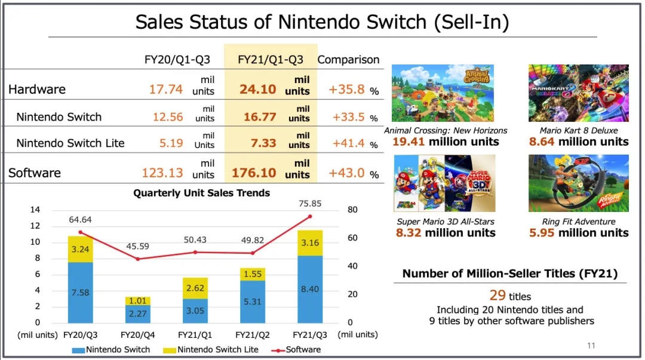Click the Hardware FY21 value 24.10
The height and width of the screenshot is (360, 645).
pyautogui.click(x=258, y=90)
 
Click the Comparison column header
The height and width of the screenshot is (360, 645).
pyautogui.click(x=348, y=60)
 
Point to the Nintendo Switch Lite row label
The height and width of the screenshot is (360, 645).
pyautogui.click(x=70, y=143)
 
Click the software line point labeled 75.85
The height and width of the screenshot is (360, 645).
pyautogui.click(x=310, y=216)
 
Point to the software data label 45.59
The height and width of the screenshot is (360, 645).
pyautogui.click(x=137, y=246)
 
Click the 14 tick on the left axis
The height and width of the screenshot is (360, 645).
pyautogui.click(x=35, y=210)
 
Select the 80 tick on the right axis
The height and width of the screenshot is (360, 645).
pyautogui.click(x=353, y=210)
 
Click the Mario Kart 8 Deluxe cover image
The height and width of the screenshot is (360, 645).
pyautogui.click(x=578, y=93)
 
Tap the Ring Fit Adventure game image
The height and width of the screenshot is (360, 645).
pyautogui.click(x=578, y=183)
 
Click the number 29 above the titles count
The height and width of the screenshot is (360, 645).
pyautogui.click(x=497, y=296)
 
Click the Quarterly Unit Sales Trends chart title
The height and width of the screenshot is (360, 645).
pyautogui.click(x=202, y=193)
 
